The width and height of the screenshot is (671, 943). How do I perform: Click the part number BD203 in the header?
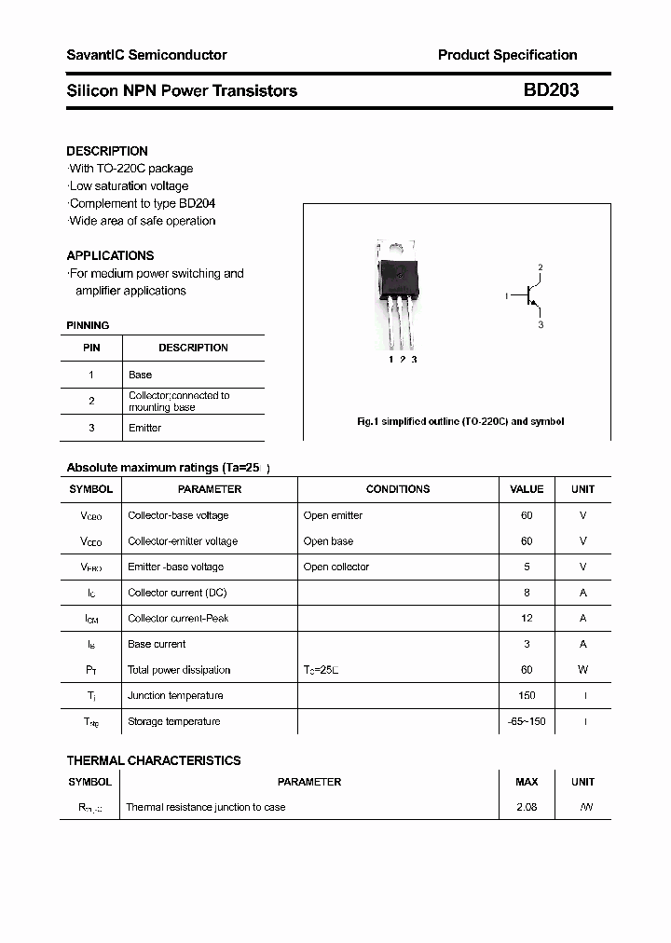551,90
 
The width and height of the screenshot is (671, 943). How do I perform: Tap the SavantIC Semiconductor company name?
146,55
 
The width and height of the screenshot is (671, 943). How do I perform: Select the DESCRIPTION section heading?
107,151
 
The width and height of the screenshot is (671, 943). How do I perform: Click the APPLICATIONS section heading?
110,255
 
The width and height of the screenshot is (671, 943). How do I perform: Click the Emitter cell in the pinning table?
144,428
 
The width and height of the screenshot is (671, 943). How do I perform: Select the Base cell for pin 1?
140,375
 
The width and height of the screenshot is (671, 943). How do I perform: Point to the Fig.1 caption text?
460,421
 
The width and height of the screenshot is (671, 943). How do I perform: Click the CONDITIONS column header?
398,489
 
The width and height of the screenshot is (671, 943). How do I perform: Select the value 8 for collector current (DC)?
527,593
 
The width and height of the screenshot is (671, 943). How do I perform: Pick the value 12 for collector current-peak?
527,618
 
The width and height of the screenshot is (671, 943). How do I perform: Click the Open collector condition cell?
336,567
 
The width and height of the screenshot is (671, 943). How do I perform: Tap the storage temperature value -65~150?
527,721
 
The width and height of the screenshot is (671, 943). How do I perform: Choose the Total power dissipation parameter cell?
179,670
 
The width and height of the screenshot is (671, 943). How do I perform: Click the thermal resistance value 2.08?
527,807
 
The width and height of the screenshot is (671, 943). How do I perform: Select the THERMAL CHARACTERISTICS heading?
154,760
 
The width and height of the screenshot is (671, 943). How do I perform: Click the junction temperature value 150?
527,695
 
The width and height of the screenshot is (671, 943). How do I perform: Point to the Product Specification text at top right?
507,55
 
